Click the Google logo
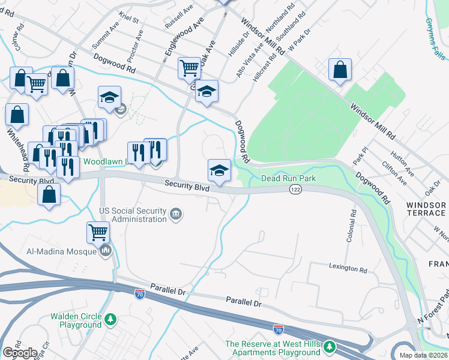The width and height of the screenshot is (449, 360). pos(20,353)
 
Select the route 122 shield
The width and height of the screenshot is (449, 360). pos(297,189)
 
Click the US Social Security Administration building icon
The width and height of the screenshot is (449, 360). pos(176,214)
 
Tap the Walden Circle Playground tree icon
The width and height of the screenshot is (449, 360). pos(110,320)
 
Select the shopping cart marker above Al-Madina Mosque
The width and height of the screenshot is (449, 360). pos(98,232)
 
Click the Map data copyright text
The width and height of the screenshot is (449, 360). pos(424,355)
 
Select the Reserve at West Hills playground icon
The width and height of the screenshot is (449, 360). pos(329,347)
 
